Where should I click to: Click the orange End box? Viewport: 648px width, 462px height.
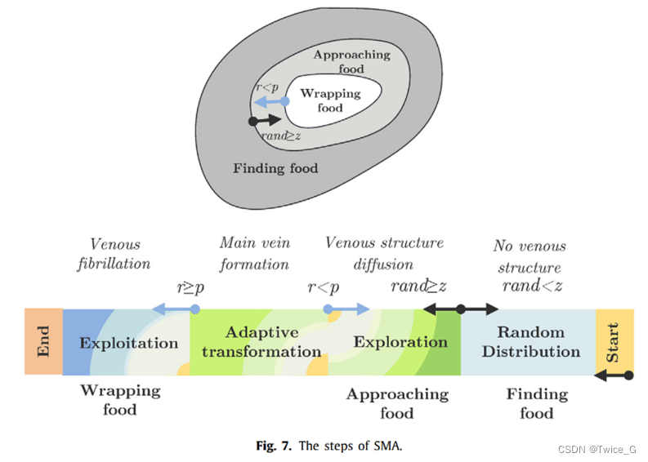(x=43, y=341)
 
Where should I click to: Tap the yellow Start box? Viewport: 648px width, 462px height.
(x=614, y=341)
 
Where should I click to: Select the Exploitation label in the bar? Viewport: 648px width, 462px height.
(x=128, y=343)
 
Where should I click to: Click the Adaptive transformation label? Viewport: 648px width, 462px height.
(x=261, y=343)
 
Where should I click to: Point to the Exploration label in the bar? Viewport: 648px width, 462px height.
(x=400, y=342)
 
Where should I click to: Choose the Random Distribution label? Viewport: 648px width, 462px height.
(x=530, y=342)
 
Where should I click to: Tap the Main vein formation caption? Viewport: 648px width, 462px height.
(x=254, y=254)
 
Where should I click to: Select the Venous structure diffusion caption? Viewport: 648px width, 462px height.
(x=384, y=254)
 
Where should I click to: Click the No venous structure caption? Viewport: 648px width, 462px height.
(x=530, y=257)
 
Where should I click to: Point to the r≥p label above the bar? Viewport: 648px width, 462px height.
(x=191, y=287)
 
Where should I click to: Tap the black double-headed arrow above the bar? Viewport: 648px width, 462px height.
(x=460, y=309)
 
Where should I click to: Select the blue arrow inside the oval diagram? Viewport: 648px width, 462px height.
(x=269, y=102)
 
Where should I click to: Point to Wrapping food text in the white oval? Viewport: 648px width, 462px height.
(x=330, y=100)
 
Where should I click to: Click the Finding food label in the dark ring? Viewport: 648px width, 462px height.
(x=275, y=169)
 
